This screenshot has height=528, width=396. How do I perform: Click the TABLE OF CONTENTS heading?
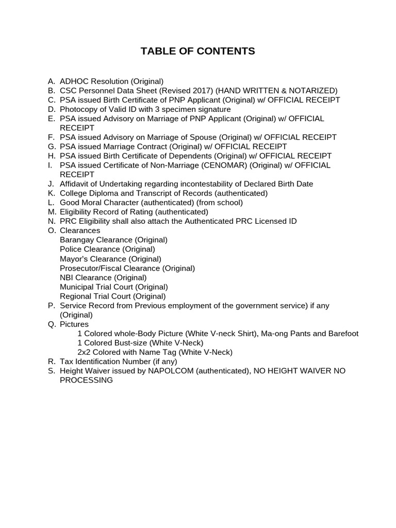pos(198,51)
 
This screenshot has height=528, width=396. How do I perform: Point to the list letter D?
pos(51,109)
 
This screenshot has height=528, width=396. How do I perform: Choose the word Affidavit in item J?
pos(75,184)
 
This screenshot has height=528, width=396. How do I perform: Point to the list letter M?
pos(51,212)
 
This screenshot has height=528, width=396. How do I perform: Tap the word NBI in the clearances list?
pos(67,277)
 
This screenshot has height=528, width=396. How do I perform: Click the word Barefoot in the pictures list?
pos(341,334)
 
